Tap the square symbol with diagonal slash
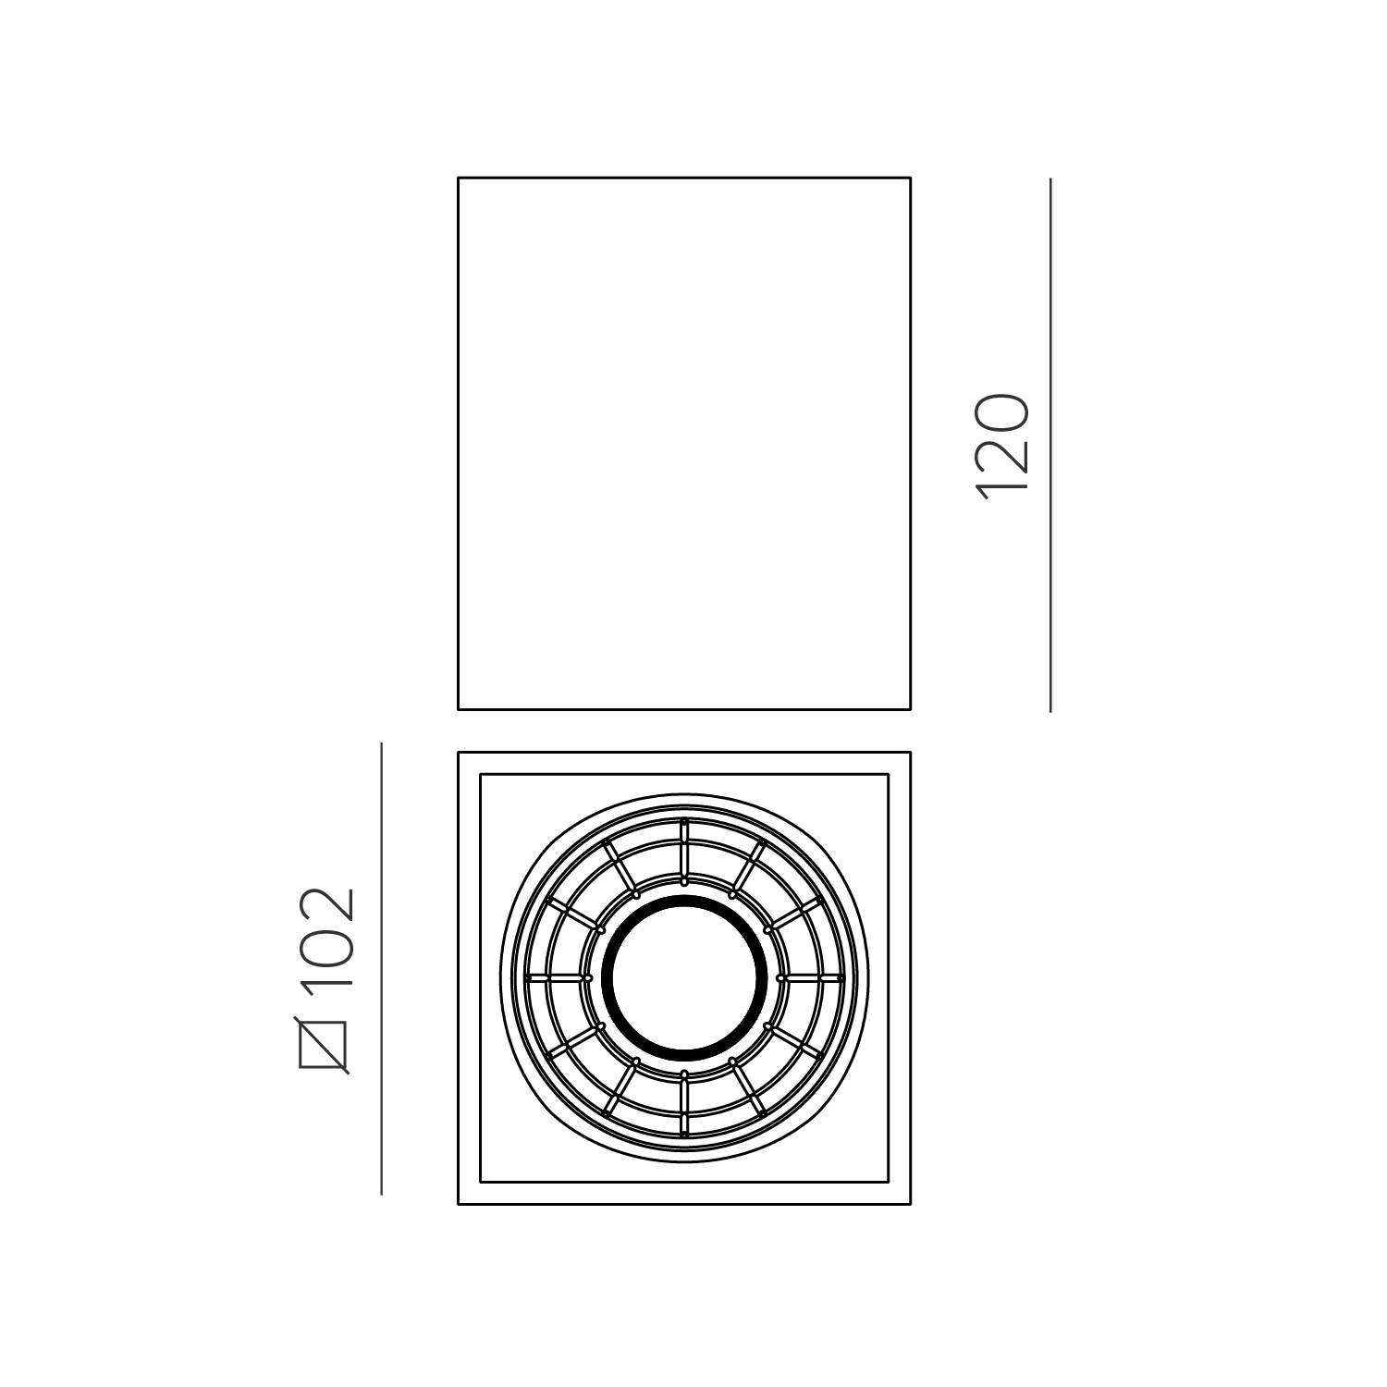pyautogui.click(x=323, y=1045)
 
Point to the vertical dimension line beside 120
pyautogui.click(x=1050, y=444)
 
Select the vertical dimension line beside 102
pyautogui.click(x=382, y=968)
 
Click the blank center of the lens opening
pyautogui.click(x=684, y=977)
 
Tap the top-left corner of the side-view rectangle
pyautogui.click(x=459, y=178)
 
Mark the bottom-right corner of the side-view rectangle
pyautogui.click(x=910, y=709)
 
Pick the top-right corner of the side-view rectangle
pyautogui.click(x=910, y=178)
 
